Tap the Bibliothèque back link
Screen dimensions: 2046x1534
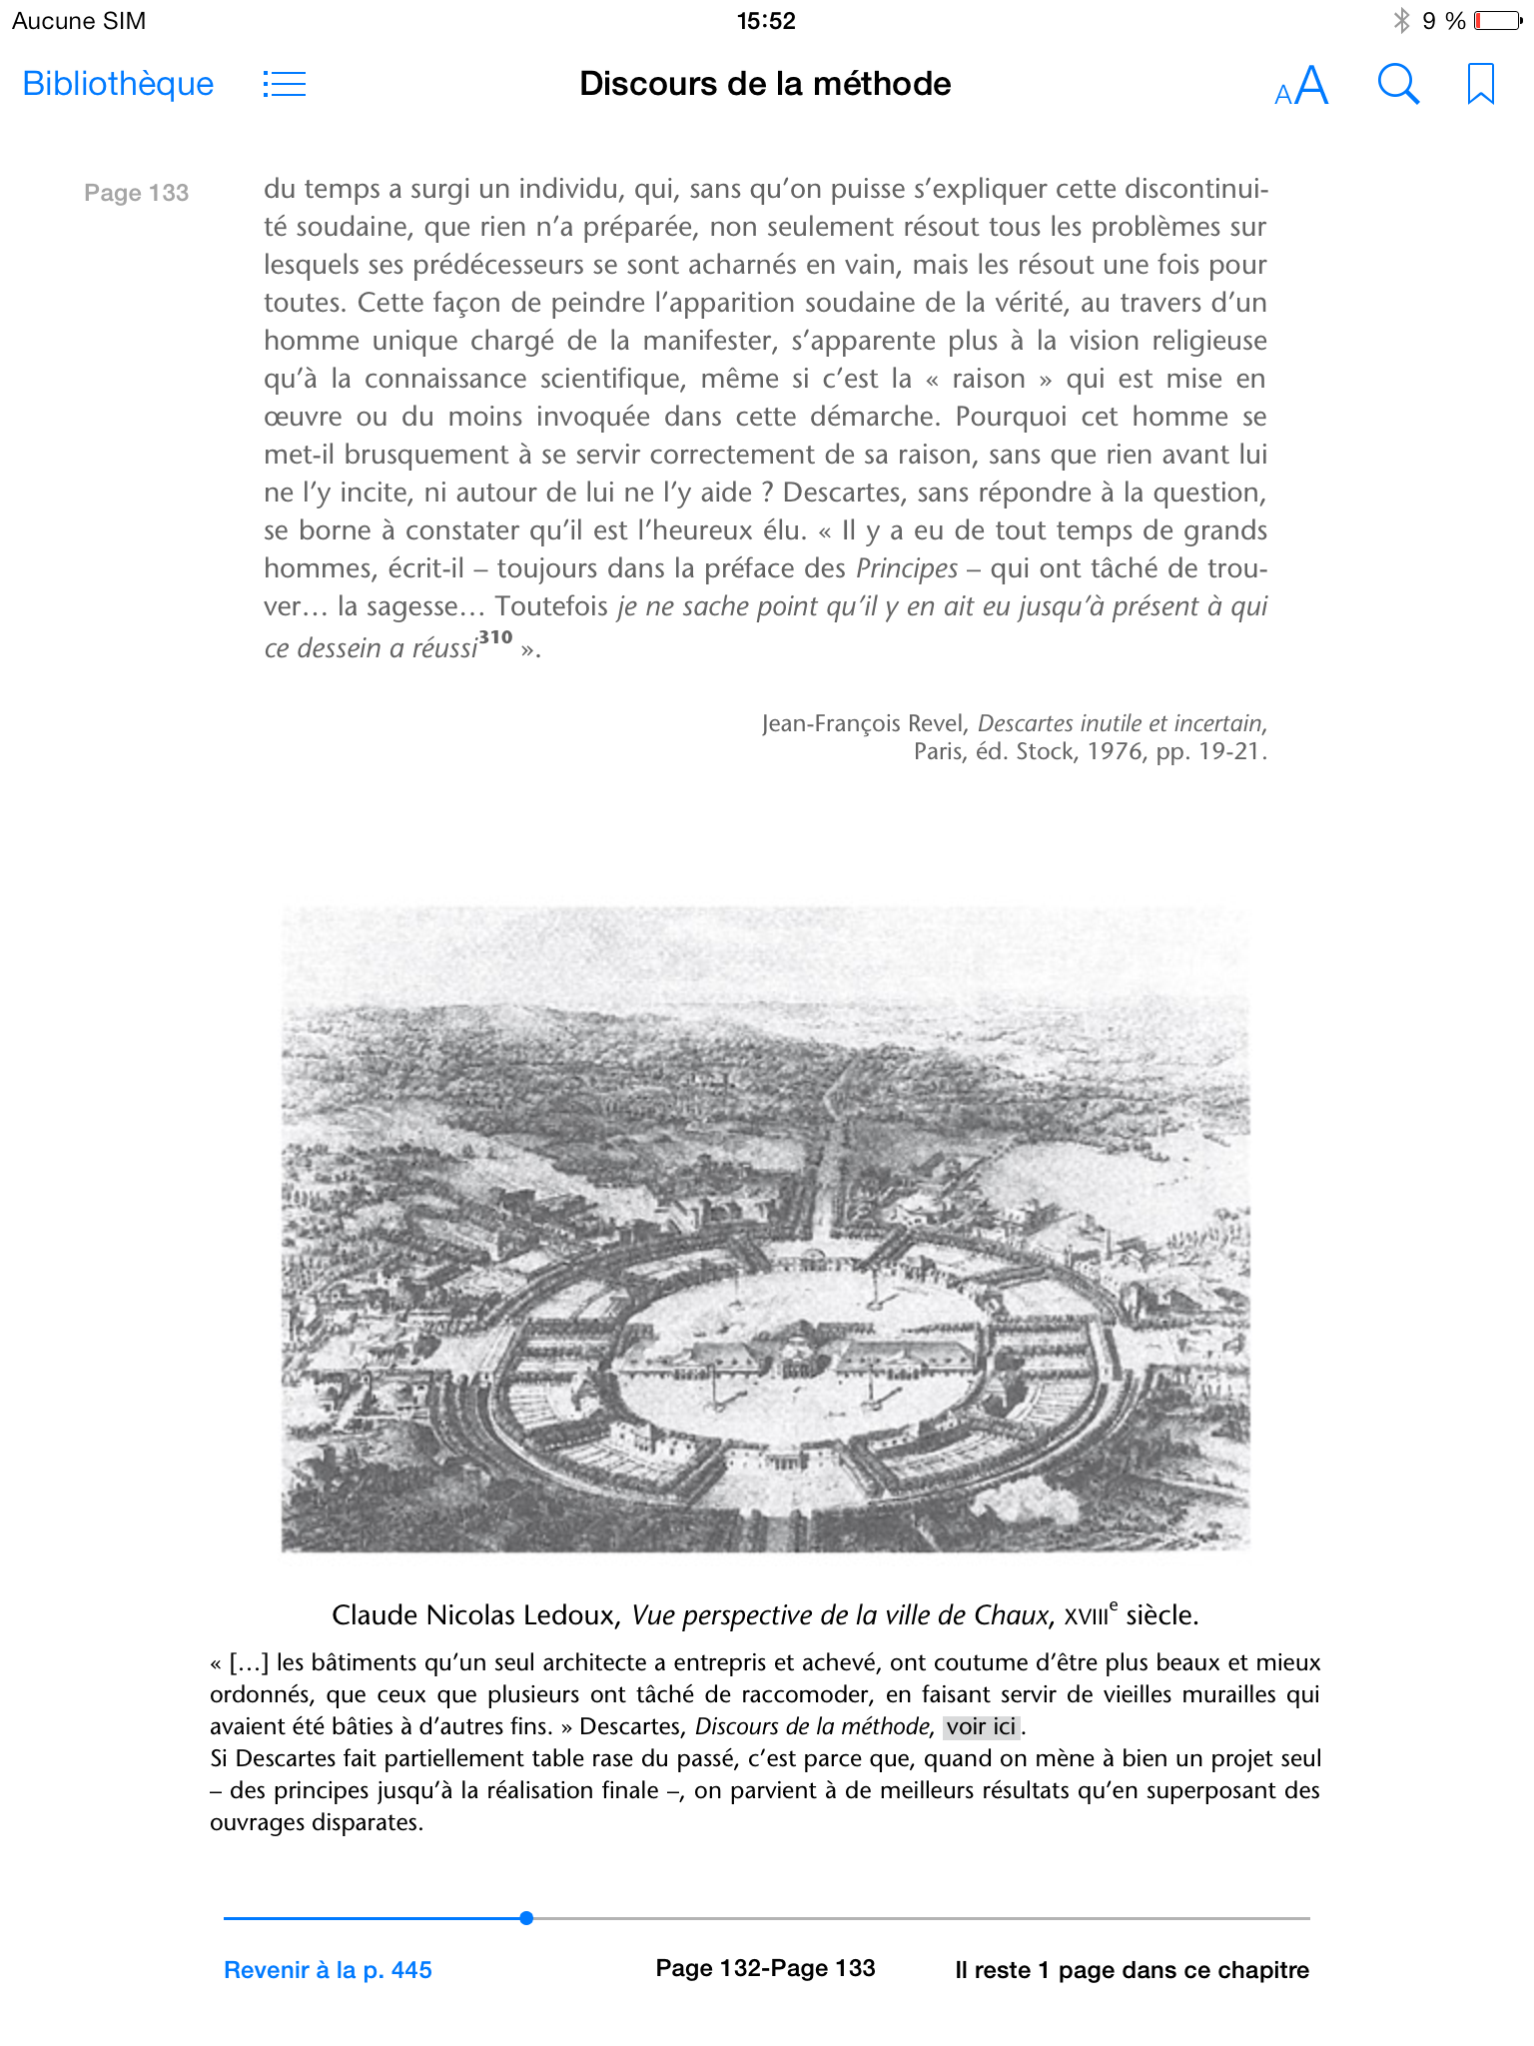[118, 84]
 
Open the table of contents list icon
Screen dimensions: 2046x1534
[285, 84]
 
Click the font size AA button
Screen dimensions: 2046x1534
[1301, 86]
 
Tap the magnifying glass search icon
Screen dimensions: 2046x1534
[1398, 85]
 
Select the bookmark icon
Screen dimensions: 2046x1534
[1480, 84]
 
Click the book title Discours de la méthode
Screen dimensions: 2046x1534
[765, 84]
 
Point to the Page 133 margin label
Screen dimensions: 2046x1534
[137, 193]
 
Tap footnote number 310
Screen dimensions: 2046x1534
[495, 637]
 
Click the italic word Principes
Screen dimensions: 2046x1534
[907, 568]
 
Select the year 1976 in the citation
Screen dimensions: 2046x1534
[1115, 751]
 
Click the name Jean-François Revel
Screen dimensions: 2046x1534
[864, 723]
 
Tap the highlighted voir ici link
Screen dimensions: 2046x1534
[981, 1726]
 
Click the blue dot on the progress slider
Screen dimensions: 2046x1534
[526, 1918]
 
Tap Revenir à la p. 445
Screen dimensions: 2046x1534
[328, 1970]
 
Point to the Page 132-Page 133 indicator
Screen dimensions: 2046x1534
[765, 1968]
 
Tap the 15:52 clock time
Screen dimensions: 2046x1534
[766, 21]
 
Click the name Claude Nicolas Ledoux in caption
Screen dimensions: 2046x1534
[473, 1615]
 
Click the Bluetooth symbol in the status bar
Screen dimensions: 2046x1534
[1402, 21]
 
